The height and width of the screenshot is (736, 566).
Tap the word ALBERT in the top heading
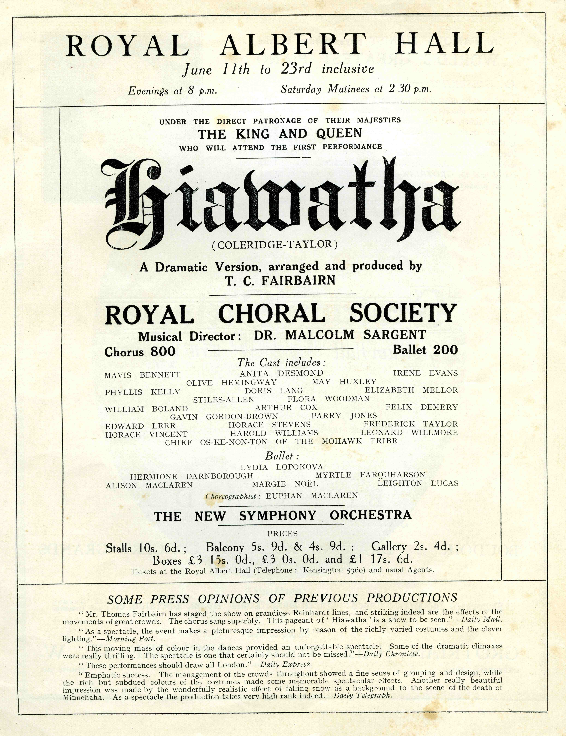pos(292,45)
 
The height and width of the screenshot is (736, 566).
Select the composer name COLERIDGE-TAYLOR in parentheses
pos(275,245)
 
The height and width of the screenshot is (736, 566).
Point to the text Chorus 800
pos(140,352)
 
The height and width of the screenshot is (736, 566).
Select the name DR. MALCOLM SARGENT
pos(340,335)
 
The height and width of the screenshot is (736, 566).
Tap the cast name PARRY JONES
pos(344,416)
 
